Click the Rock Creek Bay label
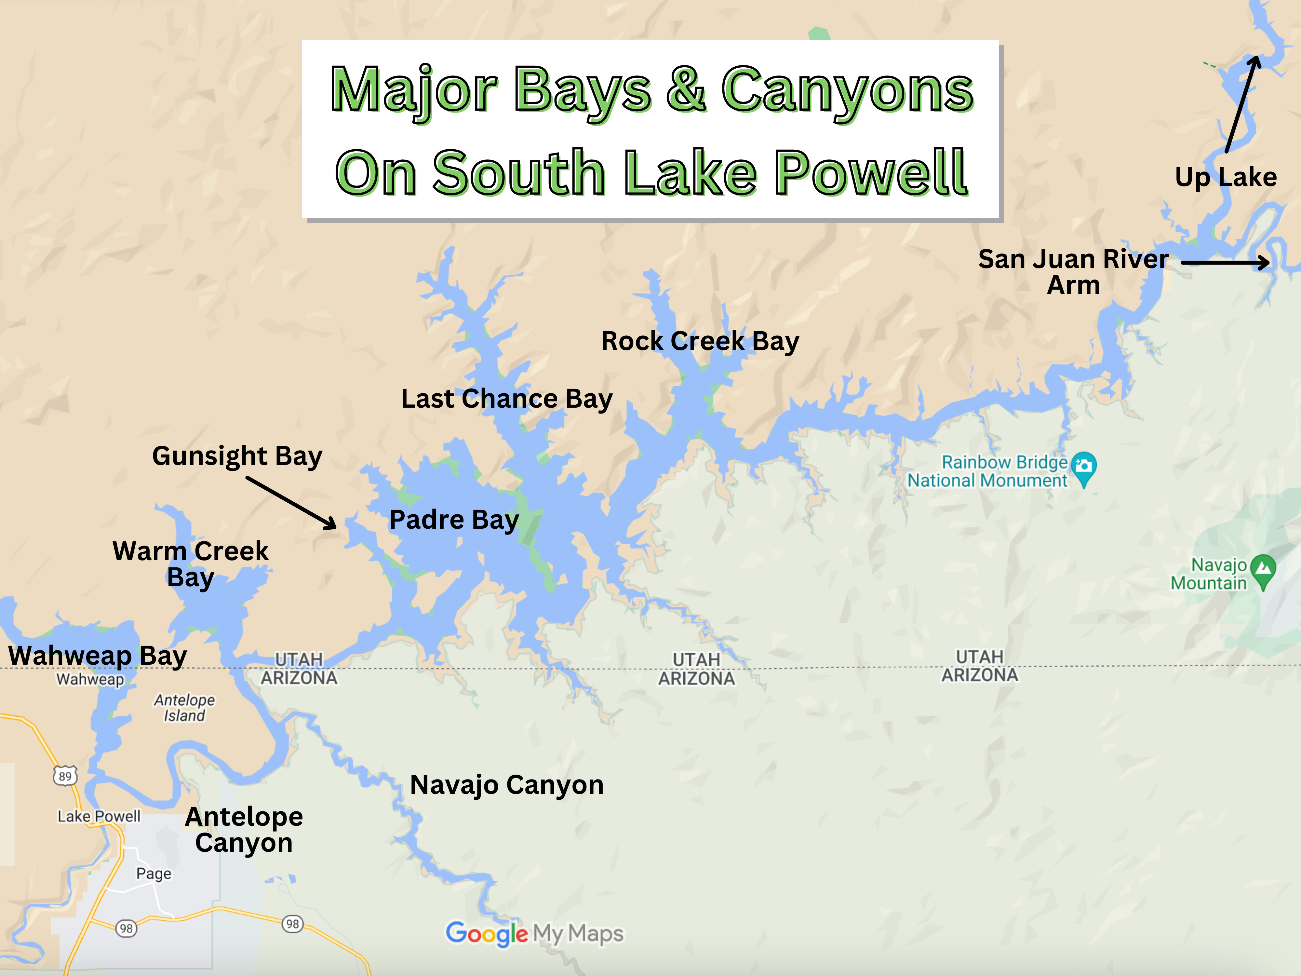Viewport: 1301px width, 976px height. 700,341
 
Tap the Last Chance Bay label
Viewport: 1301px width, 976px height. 506,399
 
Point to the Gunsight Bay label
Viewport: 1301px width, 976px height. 237,456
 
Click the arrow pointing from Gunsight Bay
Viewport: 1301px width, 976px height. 291,503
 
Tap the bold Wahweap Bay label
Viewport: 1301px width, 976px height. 98,655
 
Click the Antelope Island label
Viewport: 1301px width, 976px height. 184,708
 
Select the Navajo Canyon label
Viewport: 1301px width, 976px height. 506,785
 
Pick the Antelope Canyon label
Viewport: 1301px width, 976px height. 244,830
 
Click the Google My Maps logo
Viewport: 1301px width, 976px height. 534,934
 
